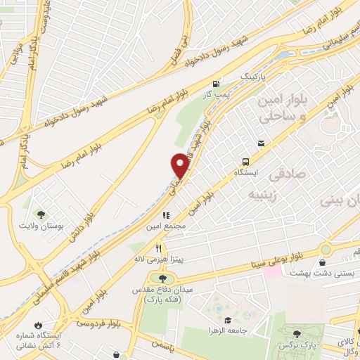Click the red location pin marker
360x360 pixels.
tap(180, 164)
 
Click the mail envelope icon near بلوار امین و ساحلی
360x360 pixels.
tap(262, 144)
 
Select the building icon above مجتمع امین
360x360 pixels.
tap(167, 216)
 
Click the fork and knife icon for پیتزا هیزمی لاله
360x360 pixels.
tap(160, 247)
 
